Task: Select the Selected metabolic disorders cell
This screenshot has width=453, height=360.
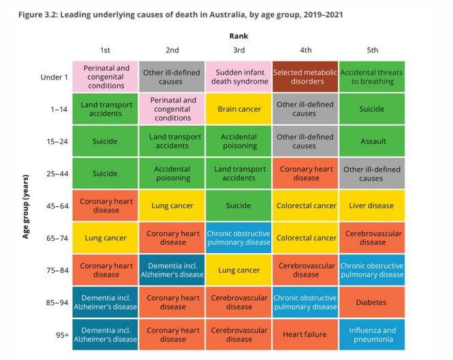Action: (x=306, y=77)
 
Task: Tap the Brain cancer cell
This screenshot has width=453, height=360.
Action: (x=239, y=109)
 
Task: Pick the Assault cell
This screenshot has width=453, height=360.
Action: (x=373, y=142)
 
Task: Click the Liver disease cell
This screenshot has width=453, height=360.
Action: (x=373, y=206)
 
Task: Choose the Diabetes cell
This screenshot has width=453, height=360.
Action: (x=373, y=302)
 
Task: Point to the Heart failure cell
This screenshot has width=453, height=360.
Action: (x=306, y=335)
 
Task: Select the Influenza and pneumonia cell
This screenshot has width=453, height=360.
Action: (x=373, y=335)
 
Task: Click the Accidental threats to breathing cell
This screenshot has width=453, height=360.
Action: (x=373, y=77)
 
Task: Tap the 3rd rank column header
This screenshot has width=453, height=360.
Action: (x=239, y=50)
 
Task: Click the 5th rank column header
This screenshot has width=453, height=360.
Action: (x=373, y=50)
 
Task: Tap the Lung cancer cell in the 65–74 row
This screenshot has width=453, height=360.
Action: (x=106, y=238)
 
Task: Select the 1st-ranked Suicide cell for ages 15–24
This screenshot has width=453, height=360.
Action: (x=106, y=142)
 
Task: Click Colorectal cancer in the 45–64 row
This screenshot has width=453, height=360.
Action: (x=306, y=206)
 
